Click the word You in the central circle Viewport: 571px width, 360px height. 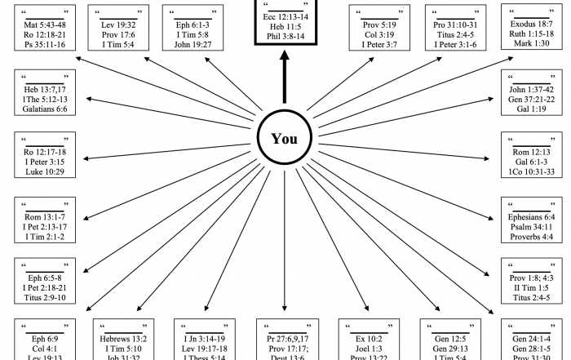[x=285, y=139]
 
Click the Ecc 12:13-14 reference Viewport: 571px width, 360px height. [x=285, y=16]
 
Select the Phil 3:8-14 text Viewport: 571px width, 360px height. [x=285, y=37]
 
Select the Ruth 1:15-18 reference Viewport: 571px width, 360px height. [x=532, y=35]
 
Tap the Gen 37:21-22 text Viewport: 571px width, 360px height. [x=532, y=100]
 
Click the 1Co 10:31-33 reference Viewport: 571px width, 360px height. [x=532, y=173]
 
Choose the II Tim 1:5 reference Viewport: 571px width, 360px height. [x=532, y=288]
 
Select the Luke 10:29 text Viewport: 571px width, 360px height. [x=45, y=173]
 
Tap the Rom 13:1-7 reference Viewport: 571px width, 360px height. [x=45, y=216]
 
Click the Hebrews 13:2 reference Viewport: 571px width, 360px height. [x=123, y=339]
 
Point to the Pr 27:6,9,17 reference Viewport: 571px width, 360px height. [x=285, y=339]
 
